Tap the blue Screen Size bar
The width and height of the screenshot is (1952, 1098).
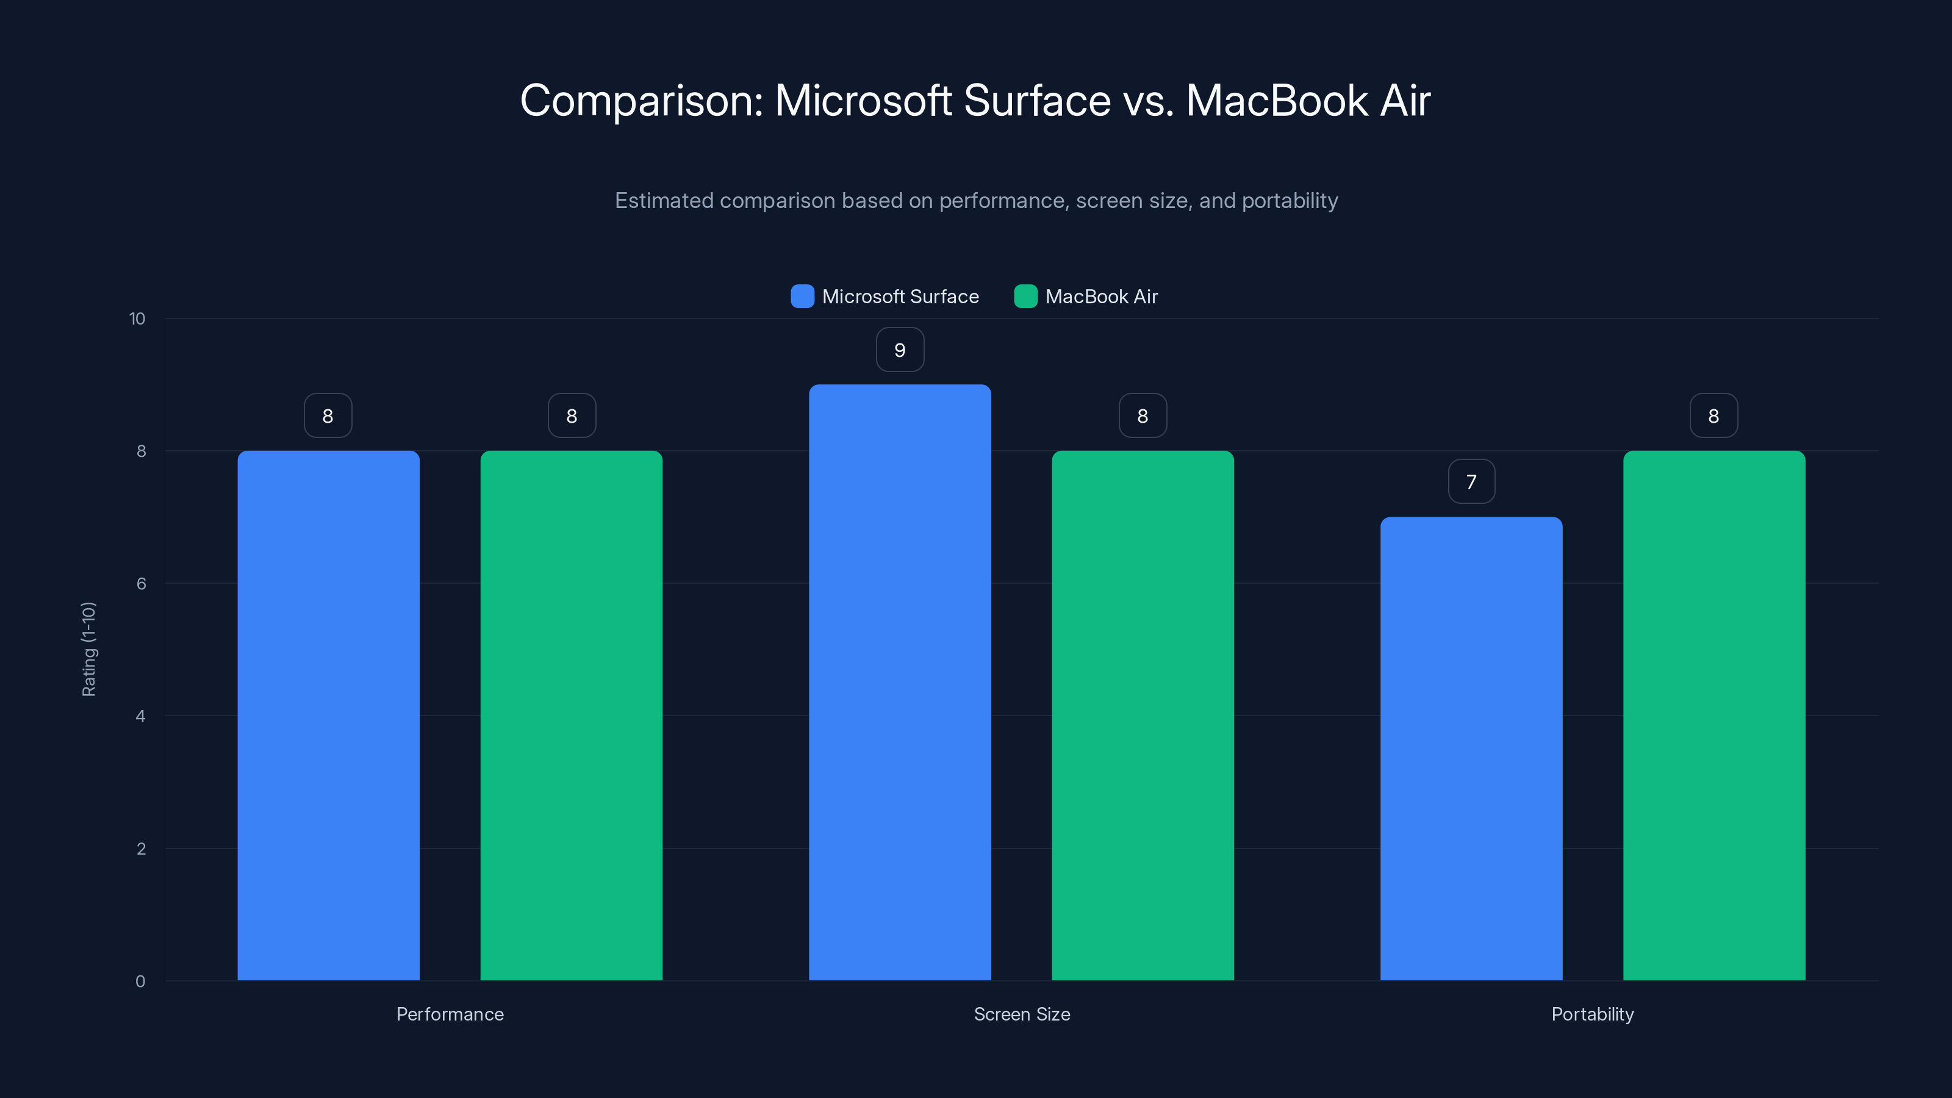900,682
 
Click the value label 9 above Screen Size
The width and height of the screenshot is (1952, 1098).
900,350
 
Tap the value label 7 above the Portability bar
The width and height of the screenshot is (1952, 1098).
1471,482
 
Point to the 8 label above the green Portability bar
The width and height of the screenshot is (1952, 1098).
1713,416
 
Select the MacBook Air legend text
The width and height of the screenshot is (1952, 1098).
1101,296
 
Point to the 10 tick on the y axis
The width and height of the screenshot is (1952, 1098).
137,318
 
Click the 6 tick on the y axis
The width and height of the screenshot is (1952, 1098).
141,584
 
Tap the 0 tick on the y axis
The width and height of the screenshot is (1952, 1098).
140,981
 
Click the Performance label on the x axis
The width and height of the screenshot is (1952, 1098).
450,1014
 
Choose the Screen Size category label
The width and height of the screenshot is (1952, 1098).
1022,1014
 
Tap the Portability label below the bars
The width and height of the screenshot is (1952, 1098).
1592,1014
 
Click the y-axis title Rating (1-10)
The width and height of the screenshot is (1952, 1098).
88,648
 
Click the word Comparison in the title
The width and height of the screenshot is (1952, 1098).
641,101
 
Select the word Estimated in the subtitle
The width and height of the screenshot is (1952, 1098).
664,201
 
